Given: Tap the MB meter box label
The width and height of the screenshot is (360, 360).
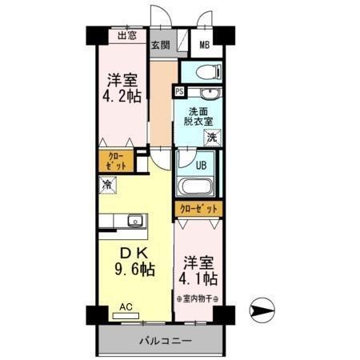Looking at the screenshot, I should [204, 45].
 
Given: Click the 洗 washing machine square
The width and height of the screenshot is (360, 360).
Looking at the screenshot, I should [211, 138].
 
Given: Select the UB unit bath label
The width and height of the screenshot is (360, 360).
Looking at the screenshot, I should [202, 166].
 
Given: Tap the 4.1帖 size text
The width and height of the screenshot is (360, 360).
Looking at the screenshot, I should [198, 278].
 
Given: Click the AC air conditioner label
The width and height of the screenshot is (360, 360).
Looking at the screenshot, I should [126, 306].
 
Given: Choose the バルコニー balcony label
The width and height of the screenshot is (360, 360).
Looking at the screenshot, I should [164, 341].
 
